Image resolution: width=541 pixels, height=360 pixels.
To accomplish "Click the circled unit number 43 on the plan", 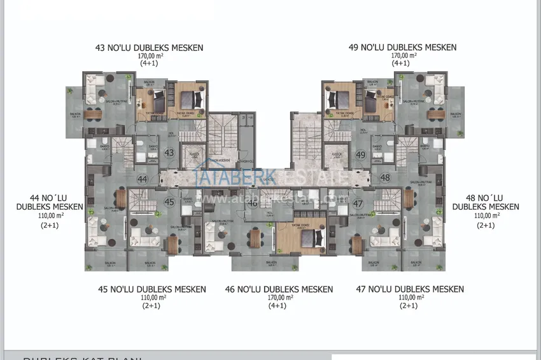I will [x=169, y=153].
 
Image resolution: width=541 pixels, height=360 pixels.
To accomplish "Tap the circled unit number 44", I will [x=143, y=180].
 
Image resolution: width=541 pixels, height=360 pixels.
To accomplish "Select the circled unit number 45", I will [x=169, y=202].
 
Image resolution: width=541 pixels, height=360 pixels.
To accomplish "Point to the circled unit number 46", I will [x=253, y=204].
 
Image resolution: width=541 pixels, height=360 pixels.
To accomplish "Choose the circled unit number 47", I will [x=358, y=204].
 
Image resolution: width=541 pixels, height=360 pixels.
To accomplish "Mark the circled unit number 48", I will [x=385, y=177].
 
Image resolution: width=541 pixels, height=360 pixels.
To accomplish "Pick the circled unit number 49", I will [x=361, y=155].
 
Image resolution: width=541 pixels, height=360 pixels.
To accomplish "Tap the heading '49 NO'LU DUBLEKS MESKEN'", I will [x=402, y=48].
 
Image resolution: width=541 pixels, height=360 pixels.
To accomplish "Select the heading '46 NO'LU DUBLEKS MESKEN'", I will [x=279, y=289].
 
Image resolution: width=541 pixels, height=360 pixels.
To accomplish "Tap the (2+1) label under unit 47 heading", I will [x=409, y=306].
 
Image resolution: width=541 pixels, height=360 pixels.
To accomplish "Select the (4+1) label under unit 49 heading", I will [x=400, y=64].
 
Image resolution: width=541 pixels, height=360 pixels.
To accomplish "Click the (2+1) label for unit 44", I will [x=50, y=225].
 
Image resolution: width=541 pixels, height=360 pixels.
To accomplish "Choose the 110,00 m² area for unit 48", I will [x=487, y=216].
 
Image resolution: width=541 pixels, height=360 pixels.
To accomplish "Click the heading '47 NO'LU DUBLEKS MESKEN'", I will [x=409, y=289].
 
